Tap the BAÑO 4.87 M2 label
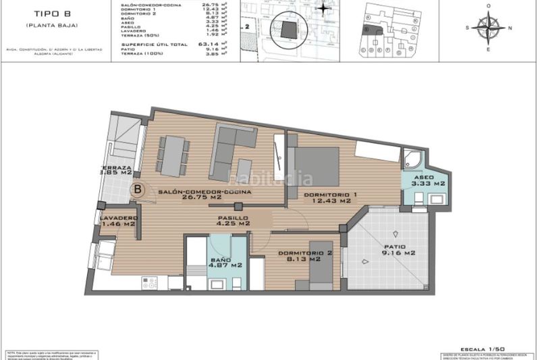click(x=225, y=263)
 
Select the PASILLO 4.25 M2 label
click(x=234, y=221)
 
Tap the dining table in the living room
click(x=172, y=155)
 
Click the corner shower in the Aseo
click(x=412, y=161)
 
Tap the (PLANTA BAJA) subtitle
click(x=51, y=25)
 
